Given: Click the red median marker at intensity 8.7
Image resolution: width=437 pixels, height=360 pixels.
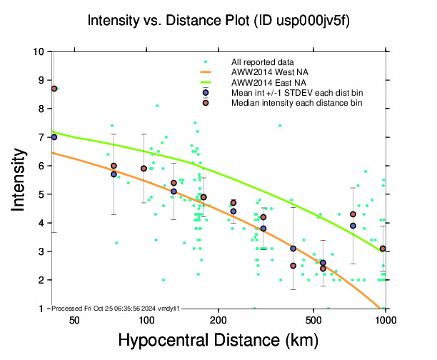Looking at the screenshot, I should click(x=54, y=89).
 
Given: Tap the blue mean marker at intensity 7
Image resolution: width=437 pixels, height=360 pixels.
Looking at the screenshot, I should click(x=54, y=137).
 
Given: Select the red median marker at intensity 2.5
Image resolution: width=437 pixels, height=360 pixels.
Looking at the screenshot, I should click(x=293, y=266).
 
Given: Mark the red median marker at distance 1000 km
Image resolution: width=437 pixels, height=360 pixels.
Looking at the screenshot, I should click(x=383, y=249).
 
